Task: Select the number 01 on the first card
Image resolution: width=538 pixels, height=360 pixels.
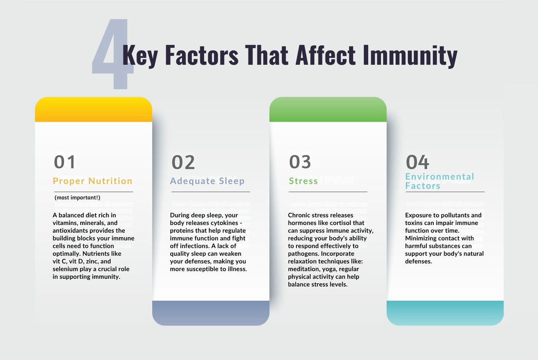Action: click(65, 162)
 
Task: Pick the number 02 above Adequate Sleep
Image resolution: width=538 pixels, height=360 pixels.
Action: click(183, 162)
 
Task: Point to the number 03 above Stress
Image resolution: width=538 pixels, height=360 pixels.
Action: click(300, 162)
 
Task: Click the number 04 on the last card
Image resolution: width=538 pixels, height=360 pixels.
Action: click(417, 162)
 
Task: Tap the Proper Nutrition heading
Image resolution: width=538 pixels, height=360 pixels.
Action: click(92, 181)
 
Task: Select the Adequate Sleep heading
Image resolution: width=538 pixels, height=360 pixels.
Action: click(207, 181)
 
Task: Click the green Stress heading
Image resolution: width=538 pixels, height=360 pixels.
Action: click(303, 181)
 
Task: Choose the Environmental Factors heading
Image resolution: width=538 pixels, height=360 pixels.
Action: click(440, 181)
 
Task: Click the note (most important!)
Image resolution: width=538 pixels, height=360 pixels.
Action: click(77, 197)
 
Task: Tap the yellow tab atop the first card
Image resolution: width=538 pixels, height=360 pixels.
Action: click(93, 110)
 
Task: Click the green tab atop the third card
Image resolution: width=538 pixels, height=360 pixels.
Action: click(328, 110)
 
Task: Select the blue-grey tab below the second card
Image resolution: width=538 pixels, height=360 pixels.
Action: click(211, 313)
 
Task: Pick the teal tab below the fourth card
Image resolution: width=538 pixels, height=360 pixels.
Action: click(445, 313)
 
